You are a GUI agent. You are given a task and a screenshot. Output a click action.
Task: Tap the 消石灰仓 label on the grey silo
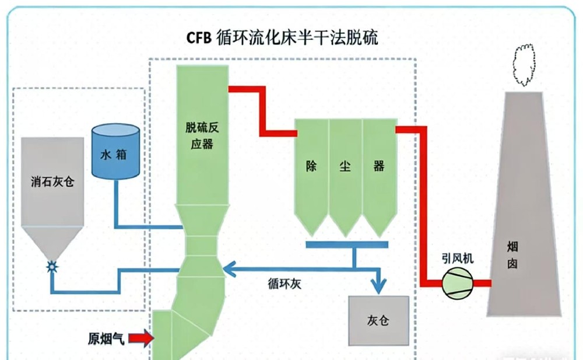pyautogui.click(x=52, y=181)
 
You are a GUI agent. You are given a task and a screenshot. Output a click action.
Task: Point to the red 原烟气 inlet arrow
pyautogui.click(x=140, y=337)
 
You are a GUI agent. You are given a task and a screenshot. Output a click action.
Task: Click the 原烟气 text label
pyautogui.click(x=106, y=338)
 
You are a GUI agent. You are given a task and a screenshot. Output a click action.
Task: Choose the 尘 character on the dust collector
pyautogui.click(x=345, y=166)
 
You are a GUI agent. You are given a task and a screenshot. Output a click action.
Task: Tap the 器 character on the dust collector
pyautogui.click(x=379, y=166)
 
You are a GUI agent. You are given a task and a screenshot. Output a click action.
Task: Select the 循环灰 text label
pyautogui.click(x=284, y=285)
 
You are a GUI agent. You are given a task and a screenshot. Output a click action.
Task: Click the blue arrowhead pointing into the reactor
pyautogui.click(x=230, y=268)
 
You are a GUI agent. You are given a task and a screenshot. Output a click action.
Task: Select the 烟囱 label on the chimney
pyautogui.click(x=512, y=256)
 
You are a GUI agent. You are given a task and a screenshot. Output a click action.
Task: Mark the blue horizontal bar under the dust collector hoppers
pyautogui.click(x=347, y=243)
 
